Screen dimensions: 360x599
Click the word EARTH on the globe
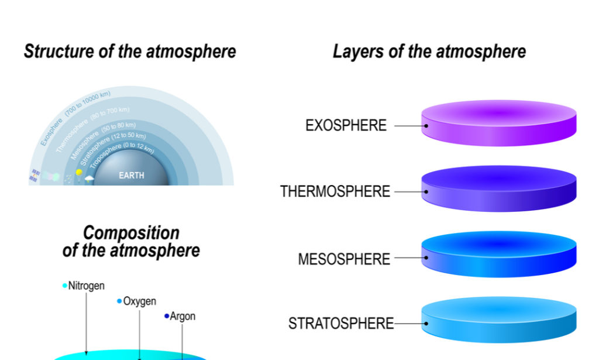(131, 175)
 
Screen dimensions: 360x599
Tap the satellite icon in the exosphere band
(35, 175)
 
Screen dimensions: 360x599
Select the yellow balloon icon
(79, 173)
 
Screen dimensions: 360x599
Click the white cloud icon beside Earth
(89, 178)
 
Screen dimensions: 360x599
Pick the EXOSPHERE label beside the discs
(346, 125)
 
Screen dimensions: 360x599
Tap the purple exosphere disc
(499, 122)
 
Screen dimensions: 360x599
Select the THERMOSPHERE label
(335, 191)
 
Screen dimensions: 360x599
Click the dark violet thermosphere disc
(499, 187)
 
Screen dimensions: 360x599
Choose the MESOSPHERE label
(344, 259)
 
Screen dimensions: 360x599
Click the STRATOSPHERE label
(341, 323)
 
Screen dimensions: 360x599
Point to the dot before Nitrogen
(65, 286)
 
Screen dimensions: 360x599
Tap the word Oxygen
(140, 301)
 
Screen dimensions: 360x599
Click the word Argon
(183, 317)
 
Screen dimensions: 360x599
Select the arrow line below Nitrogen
(86, 322)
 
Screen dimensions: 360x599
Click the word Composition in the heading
(131, 232)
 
